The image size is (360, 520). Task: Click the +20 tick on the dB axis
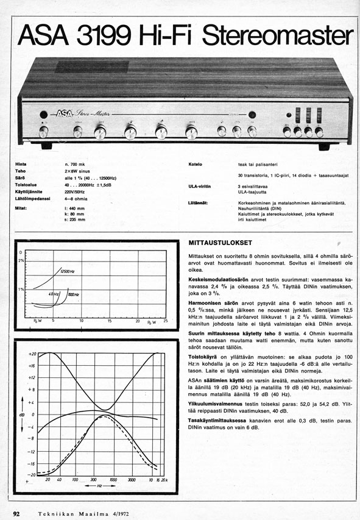coord(33,354)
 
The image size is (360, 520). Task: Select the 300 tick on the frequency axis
coord(93,480)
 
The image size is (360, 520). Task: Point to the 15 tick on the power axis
coord(110,320)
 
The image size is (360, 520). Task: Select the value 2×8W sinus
coord(77,171)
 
